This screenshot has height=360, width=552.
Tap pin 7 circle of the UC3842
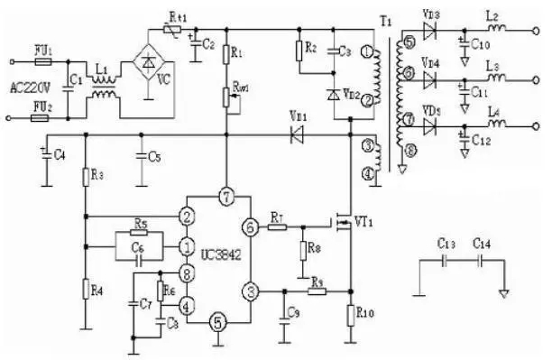226,196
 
